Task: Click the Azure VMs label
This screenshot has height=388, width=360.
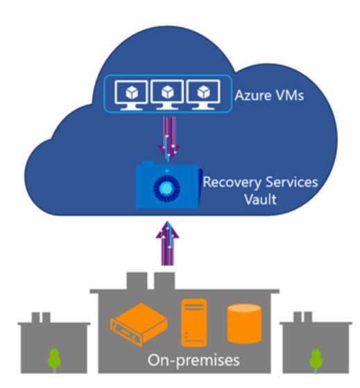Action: [x=269, y=95]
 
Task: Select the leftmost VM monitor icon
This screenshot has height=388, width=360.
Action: [x=131, y=95]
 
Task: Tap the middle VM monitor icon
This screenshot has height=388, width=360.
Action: [x=167, y=94]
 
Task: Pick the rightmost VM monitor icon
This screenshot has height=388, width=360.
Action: [x=203, y=94]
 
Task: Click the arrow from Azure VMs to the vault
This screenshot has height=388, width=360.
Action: [x=169, y=139]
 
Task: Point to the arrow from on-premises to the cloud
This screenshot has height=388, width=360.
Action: [x=168, y=243]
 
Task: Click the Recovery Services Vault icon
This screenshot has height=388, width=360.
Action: [x=169, y=185]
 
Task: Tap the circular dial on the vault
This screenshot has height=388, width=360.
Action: [x=166, y=189]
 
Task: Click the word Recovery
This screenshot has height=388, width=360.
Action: [x=232, y=183]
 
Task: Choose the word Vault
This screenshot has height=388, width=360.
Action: [x=260, y=199]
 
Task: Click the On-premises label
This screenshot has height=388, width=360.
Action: [x=194, y=360]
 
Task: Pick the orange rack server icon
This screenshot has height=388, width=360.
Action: [x=139, y=324]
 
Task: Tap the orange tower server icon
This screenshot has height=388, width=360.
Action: [x=194, y=323]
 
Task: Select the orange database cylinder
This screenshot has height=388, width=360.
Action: [x=244, y=323]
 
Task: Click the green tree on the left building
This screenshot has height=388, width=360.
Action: [x=54, y=360]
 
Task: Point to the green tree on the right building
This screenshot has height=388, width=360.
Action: [x=316, y=360]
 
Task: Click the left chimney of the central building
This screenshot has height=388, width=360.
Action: [x=137, y=281]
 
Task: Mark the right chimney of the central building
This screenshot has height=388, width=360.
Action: [x=164, y=281]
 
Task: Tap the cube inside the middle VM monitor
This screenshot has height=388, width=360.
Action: [x=168, y=92]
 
